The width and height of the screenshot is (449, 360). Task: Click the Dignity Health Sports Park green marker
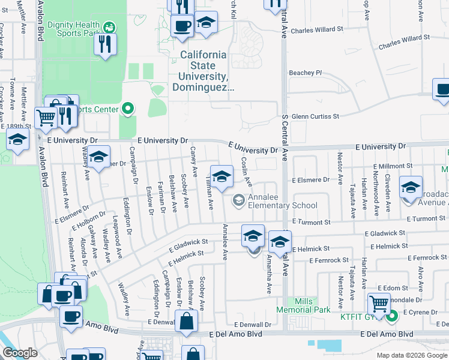[x=109, y=27]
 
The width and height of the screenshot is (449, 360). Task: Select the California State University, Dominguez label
[x=204, y=71]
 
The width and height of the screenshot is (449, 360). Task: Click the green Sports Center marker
[x=127, y=109]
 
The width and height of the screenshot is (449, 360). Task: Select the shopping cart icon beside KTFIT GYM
[x=379, y=305]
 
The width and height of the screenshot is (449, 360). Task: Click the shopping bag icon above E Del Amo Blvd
[x=186, y=322]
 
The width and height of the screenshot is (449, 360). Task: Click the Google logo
[x=20, y=353]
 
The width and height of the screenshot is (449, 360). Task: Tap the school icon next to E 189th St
[x=18, y=140]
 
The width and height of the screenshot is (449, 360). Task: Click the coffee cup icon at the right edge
[x=442, y=91]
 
